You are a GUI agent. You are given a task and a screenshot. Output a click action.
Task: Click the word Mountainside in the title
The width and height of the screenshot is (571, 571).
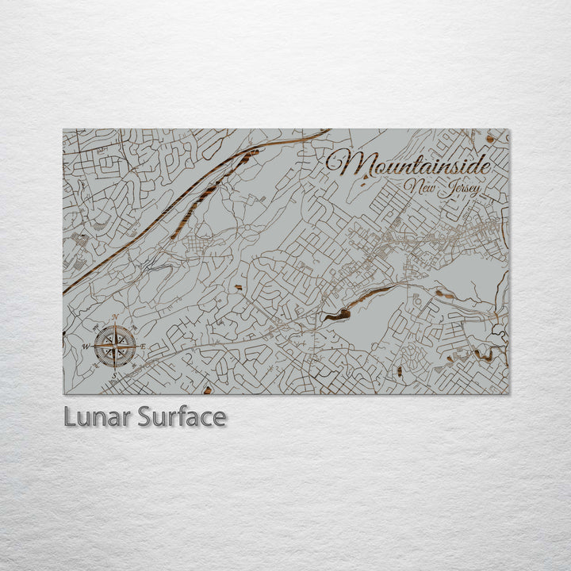coord(408,164)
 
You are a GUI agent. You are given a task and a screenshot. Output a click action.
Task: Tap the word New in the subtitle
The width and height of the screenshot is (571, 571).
coord(419,186)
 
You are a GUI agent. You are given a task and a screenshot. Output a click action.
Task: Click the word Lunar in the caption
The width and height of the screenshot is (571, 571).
coord(98,417)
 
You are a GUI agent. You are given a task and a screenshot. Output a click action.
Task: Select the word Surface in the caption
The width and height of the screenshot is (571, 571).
coord(182,417)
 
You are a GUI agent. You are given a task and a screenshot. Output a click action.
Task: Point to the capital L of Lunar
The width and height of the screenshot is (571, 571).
coord(70,417)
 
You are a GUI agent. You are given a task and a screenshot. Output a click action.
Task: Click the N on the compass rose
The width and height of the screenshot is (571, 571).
coord(115,318)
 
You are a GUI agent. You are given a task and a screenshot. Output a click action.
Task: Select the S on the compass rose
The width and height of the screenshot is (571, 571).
coord(114,374)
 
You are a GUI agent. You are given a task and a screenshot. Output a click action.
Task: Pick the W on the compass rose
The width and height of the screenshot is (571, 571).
coord(86,347)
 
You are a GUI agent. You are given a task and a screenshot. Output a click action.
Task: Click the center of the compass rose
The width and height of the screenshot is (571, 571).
coord(114,347)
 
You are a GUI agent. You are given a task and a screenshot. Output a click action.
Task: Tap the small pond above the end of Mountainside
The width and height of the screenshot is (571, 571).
coord(490,139)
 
